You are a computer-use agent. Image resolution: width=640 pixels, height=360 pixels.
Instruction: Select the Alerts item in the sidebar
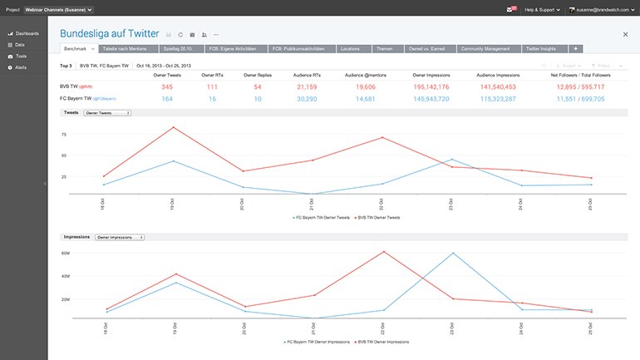tap(20, 67)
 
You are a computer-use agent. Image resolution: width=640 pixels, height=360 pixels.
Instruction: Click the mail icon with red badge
tap(510, 9)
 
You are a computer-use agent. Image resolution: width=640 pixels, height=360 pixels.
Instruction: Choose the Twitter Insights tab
tap(542, 49)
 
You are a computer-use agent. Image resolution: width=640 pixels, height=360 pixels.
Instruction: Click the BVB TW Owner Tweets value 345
tap(167, 86)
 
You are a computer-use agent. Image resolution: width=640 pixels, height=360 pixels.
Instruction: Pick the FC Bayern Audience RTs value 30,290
tap(306, 99)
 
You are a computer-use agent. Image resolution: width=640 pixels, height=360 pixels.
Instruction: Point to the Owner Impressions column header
tap(431, 75)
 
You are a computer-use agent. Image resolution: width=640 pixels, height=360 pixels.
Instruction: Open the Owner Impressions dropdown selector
tap(120, 237)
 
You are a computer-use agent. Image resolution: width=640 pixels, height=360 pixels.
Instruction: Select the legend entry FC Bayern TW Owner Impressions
tap(317, 342)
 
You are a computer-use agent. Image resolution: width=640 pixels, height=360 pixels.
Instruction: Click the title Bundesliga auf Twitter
tap(109, 34)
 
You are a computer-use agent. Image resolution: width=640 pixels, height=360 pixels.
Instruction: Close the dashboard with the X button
tap(625, 35)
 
